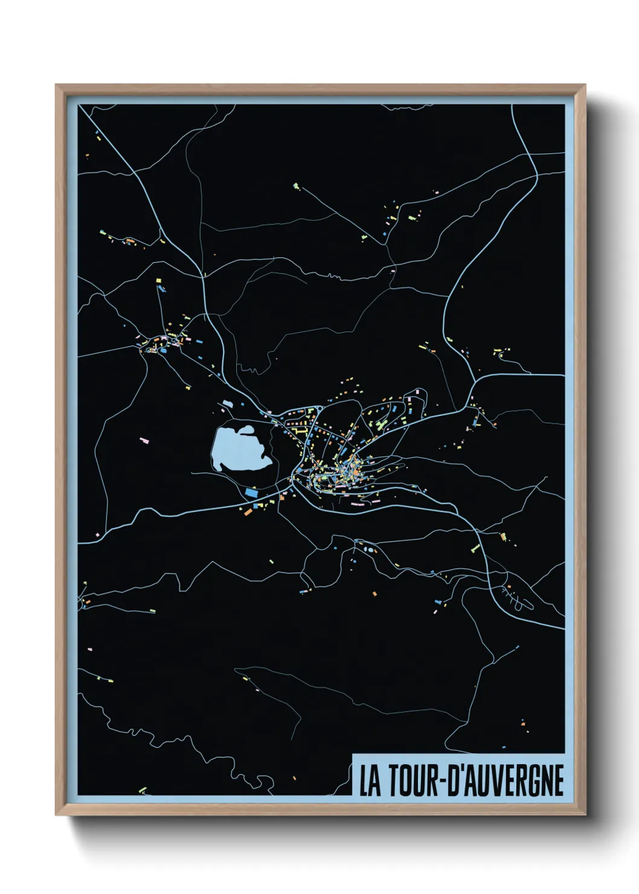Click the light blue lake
coord(238,450)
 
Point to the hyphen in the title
coord(443,782)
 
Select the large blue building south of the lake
coord(251,492)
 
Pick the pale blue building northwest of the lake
coord(228,403)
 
